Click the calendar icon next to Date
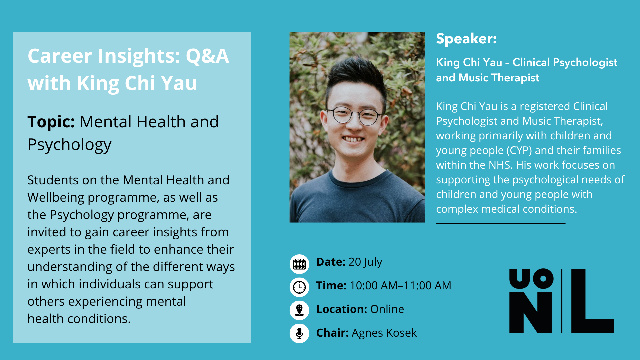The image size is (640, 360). pyautogui.click(x=299, y=264)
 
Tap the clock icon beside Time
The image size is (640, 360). pyautogui.click(x=299, y=287)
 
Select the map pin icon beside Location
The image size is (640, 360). pyautogui.click(x=299, y=310)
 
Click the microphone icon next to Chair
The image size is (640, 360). pyautogui.click(x=299, y=333)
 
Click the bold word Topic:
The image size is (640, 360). pyautogui.click(x=51, y=122)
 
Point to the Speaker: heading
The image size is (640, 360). pyautogui.click(x=466, y=39)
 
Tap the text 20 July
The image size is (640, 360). pyautogui.click(x=365, y=262)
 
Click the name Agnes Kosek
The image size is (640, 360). pyautogui.click(x=384, y=333)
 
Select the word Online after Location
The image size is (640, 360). pyautogui.click(x=387, y=309)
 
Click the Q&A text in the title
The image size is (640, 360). pyautogui.click(x=207, y=56)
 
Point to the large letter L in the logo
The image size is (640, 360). pyautogui.click(x=592, y=301)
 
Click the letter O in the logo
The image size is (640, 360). pyautogui.click(x=543, y=278)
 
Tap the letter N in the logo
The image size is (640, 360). pyautogui.click(x=531, y=312)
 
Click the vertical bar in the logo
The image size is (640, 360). pyautogui.click(x=562, y=301)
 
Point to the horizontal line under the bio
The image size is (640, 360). pyautogui.click(x=501, y=223)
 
